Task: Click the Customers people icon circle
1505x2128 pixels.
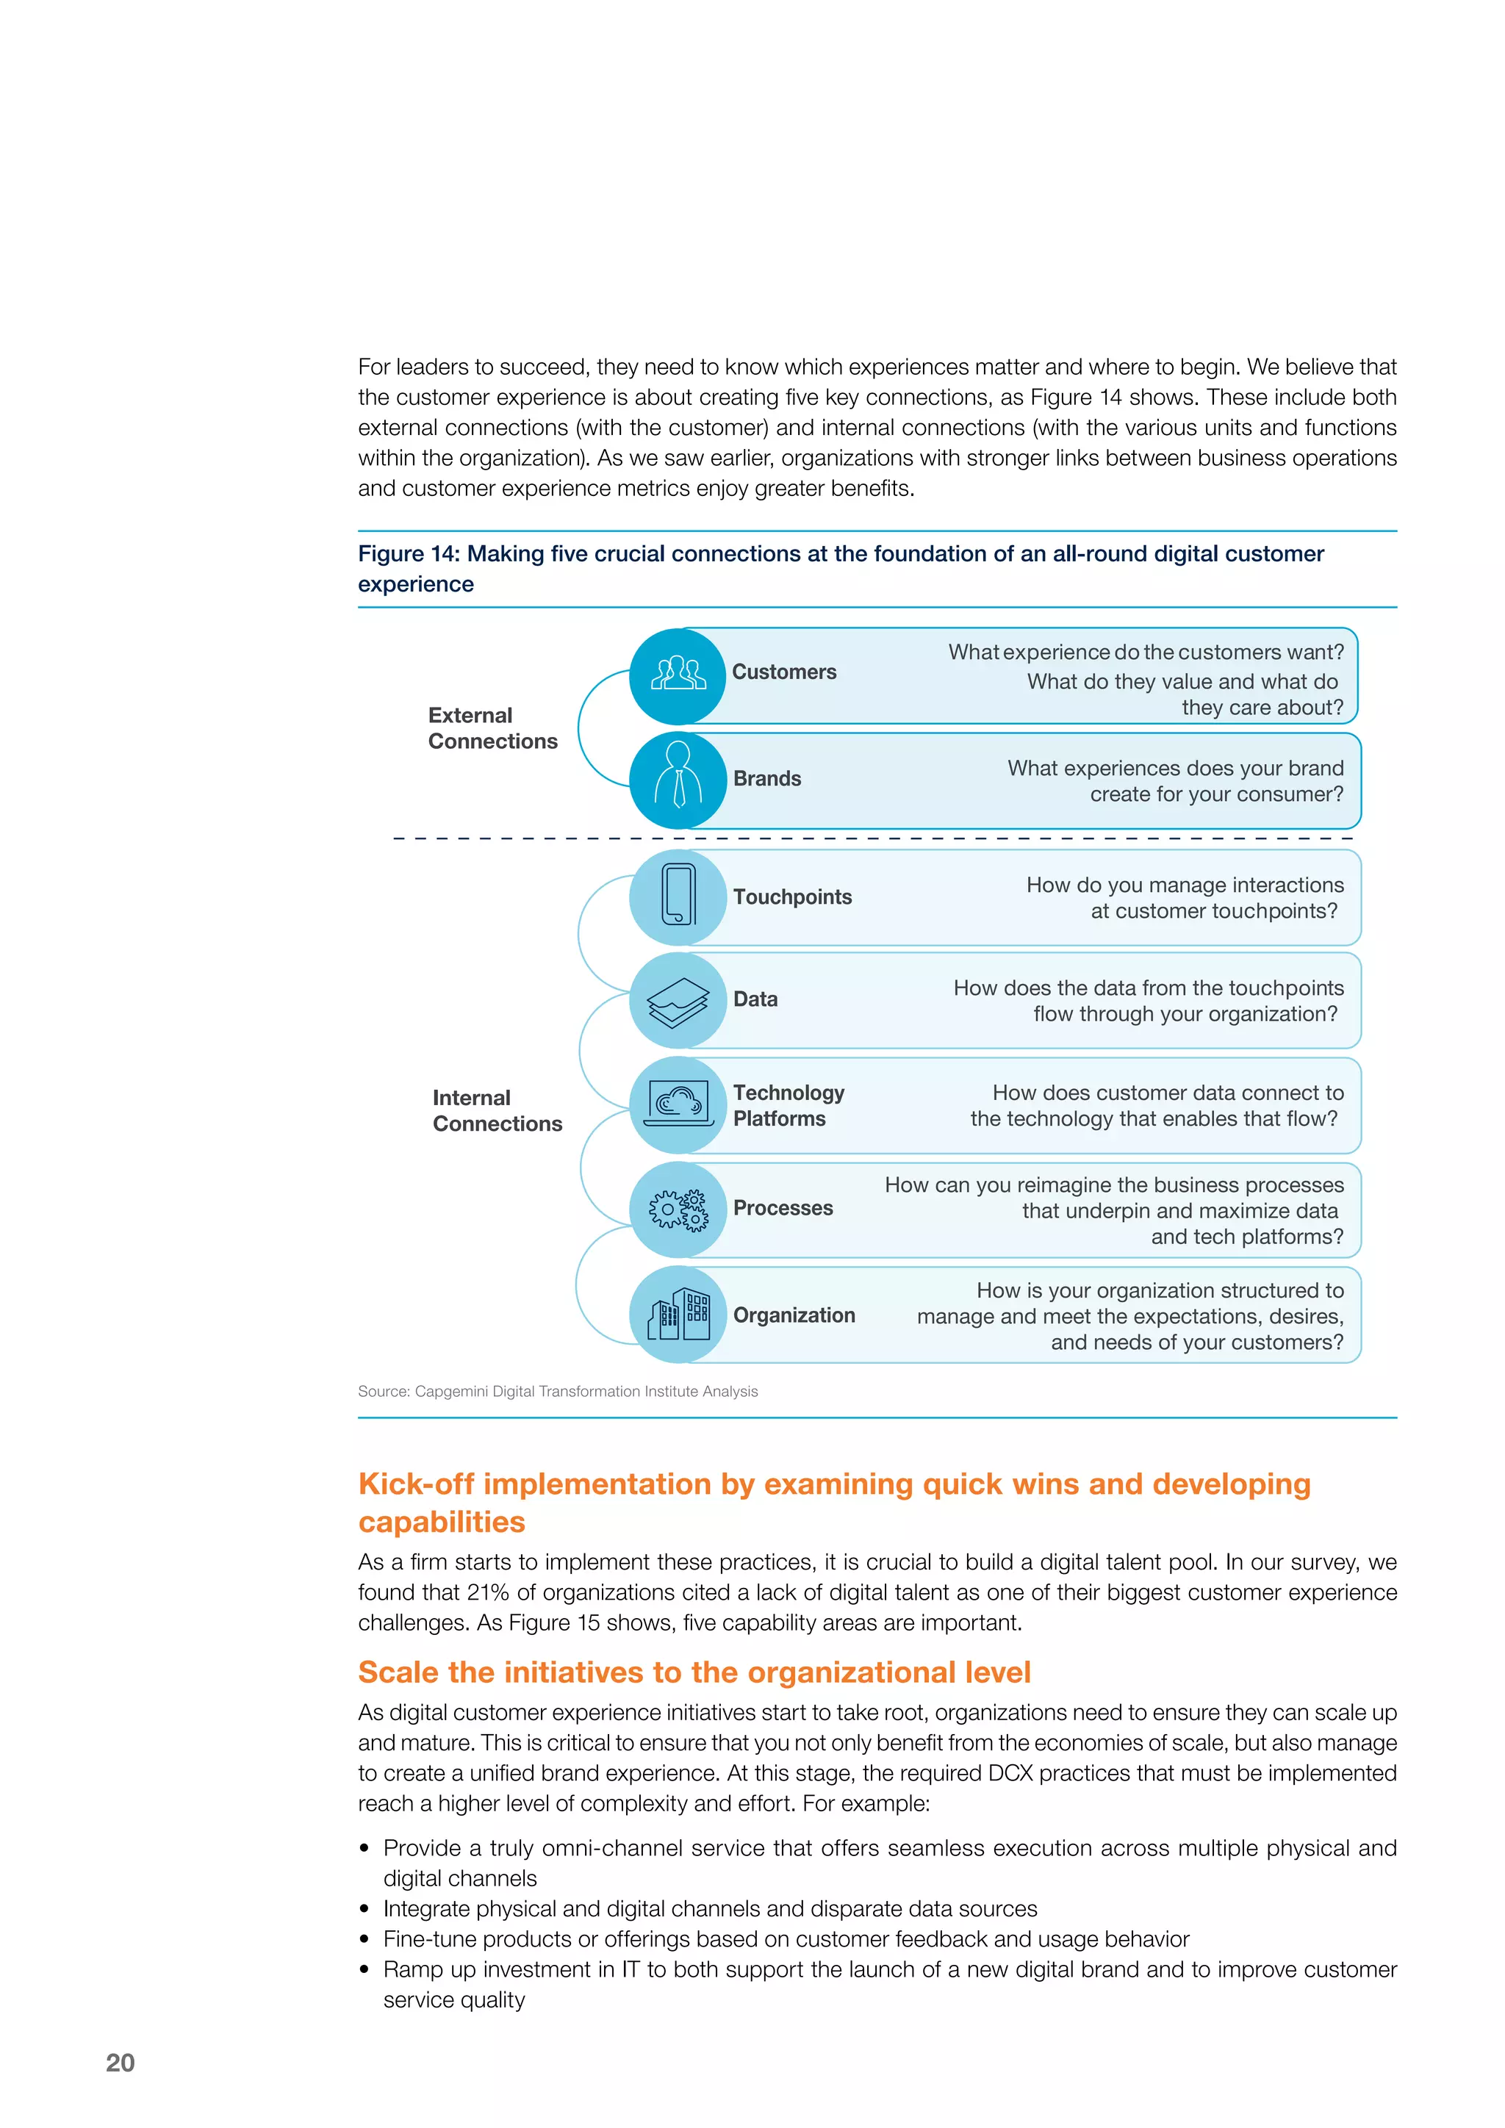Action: tap(678, 676)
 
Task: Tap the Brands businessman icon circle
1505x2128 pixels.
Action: tap(678, 780)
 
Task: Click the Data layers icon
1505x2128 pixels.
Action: tap(678, 1000)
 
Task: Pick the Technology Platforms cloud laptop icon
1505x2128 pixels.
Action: tap(678, 1104)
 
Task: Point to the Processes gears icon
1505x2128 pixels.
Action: tap(678, 1209)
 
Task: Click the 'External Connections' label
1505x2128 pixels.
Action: tap(492, 728)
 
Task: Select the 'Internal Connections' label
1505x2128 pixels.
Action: tap(497, 1110)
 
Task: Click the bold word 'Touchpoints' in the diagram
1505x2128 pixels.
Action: tap(791, 896)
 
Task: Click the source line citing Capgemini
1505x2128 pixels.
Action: tap(557, 1391)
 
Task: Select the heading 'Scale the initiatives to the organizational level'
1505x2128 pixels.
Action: tap(694, 1672)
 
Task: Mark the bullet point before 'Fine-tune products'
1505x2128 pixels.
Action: tap(365, 1939)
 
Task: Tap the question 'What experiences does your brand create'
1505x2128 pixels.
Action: tap(1174, 780)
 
